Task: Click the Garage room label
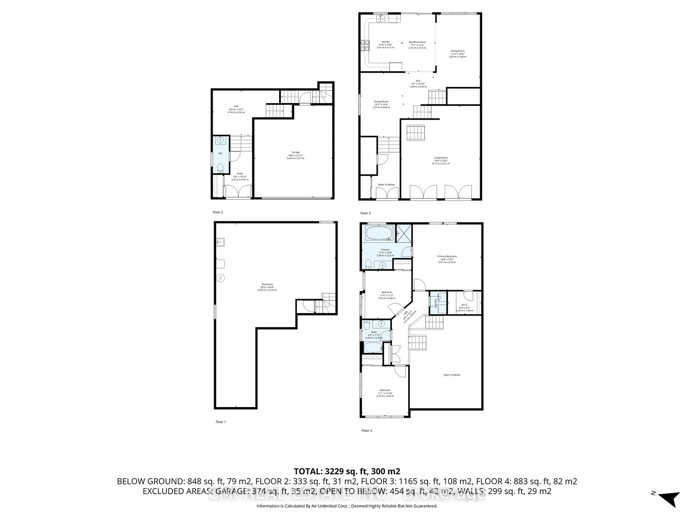pyautogui.click(x=295, y=152)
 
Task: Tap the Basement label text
pyautogui.click(x=267, y=284)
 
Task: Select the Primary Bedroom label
pyautogui.click(x=447, y=256)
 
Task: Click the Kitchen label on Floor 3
pyautogui.click(x=385, y=42)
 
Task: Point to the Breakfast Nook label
pyautogui.click(x=417, y=42)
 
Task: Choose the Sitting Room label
pyautogui.click(x=457, y=51)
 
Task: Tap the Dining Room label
pyautogui.click(x=381, y=101)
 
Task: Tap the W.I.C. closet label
pyautogui.click(x=464, y=305)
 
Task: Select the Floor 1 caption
pyautogui.click(x=220, y=422)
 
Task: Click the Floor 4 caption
pyautogui.click(x=367, y=431)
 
